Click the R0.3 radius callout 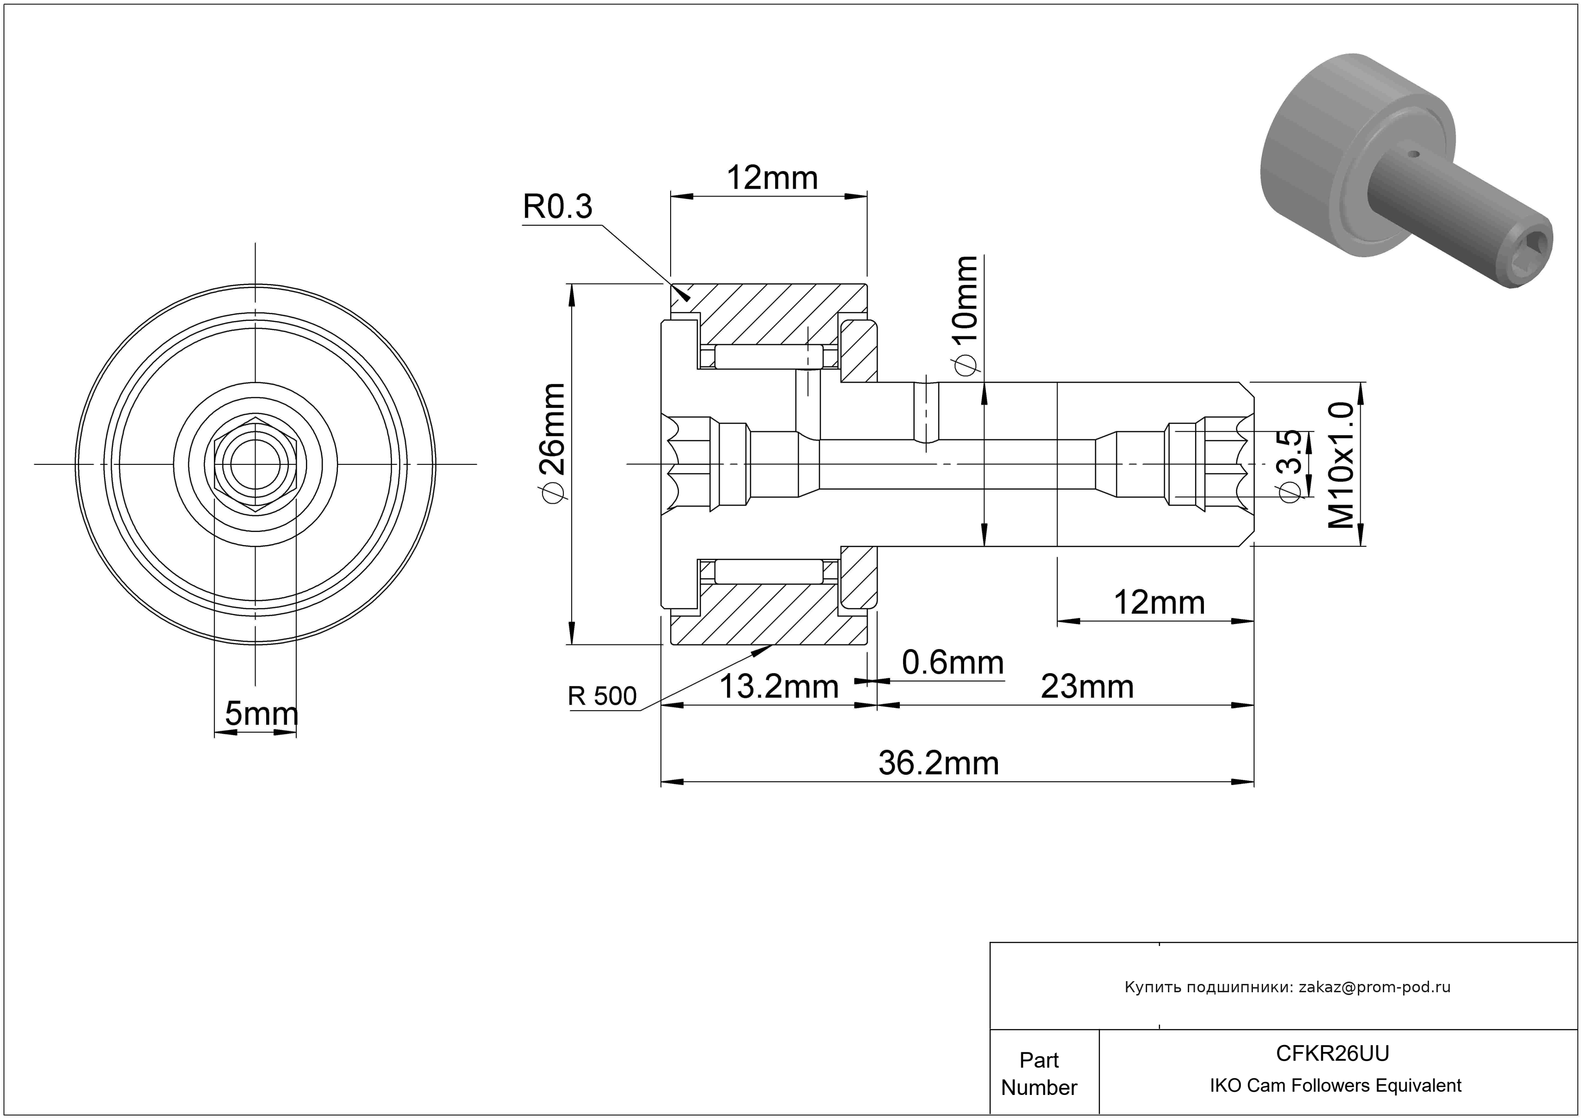(557, 207)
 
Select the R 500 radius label (602, 696)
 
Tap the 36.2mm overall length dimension (939, 764)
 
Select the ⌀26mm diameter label (553, 441)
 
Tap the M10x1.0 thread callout (1341, 465)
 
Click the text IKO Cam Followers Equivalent (1335, 1086)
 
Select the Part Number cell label (1038, 1074)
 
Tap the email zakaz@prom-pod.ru (1374, 987)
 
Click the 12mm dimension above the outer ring (772, 179)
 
